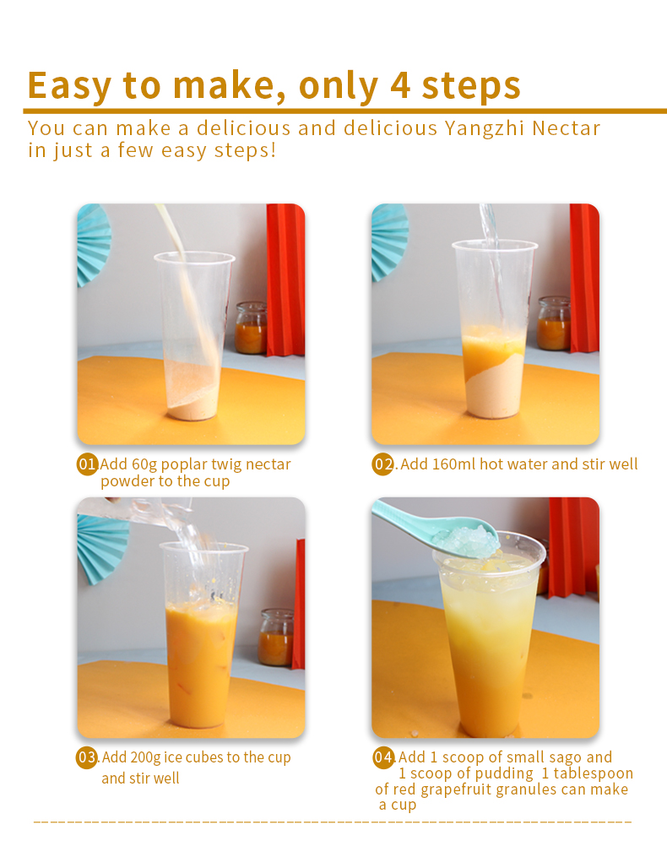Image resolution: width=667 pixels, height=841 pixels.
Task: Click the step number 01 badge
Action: (87, 464)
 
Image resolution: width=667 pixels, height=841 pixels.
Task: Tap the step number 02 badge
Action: (383, 464)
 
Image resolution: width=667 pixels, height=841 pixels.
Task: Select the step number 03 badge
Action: (87, 757)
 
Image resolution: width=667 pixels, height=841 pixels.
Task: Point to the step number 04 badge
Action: (383, 757)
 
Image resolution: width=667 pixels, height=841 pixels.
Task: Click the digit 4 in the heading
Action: (399, 85)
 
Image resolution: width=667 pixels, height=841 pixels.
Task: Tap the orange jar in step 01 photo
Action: (251, 328)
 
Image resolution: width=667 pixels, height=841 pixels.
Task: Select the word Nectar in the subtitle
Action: (568, 129)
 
